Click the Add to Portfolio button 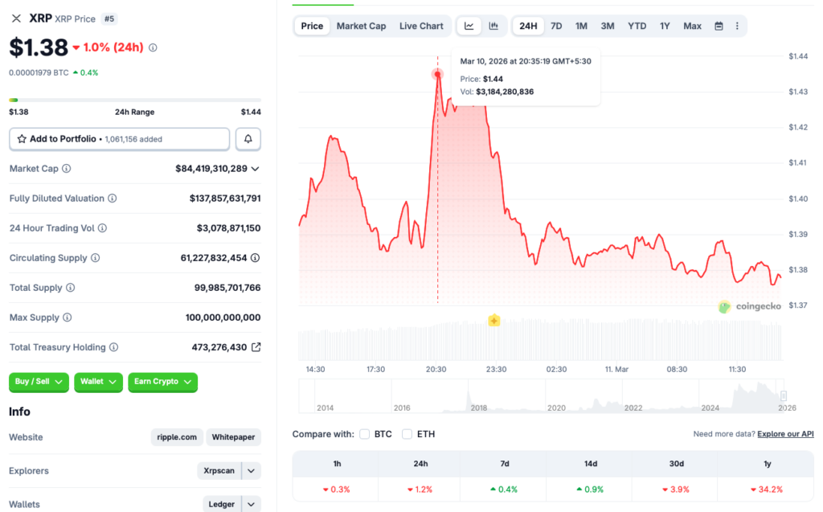(119, 139)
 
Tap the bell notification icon (248, 139)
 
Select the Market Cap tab (361, 26)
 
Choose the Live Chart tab (421, 26)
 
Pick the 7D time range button (556, 26)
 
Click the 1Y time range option (665, 26)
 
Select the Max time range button (692, 26)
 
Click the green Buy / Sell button (39, 382)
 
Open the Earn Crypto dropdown (162, 382)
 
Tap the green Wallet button (98, 382)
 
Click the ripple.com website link (177, 437)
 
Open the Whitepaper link (233, 437)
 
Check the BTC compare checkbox (365, 434)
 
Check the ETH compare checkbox (407, 434)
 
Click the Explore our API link (785, 434)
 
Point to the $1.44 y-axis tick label (798, 56)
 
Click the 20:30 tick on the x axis (436, 369)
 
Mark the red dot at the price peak (438, 74)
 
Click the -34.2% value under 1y (766, 489)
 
